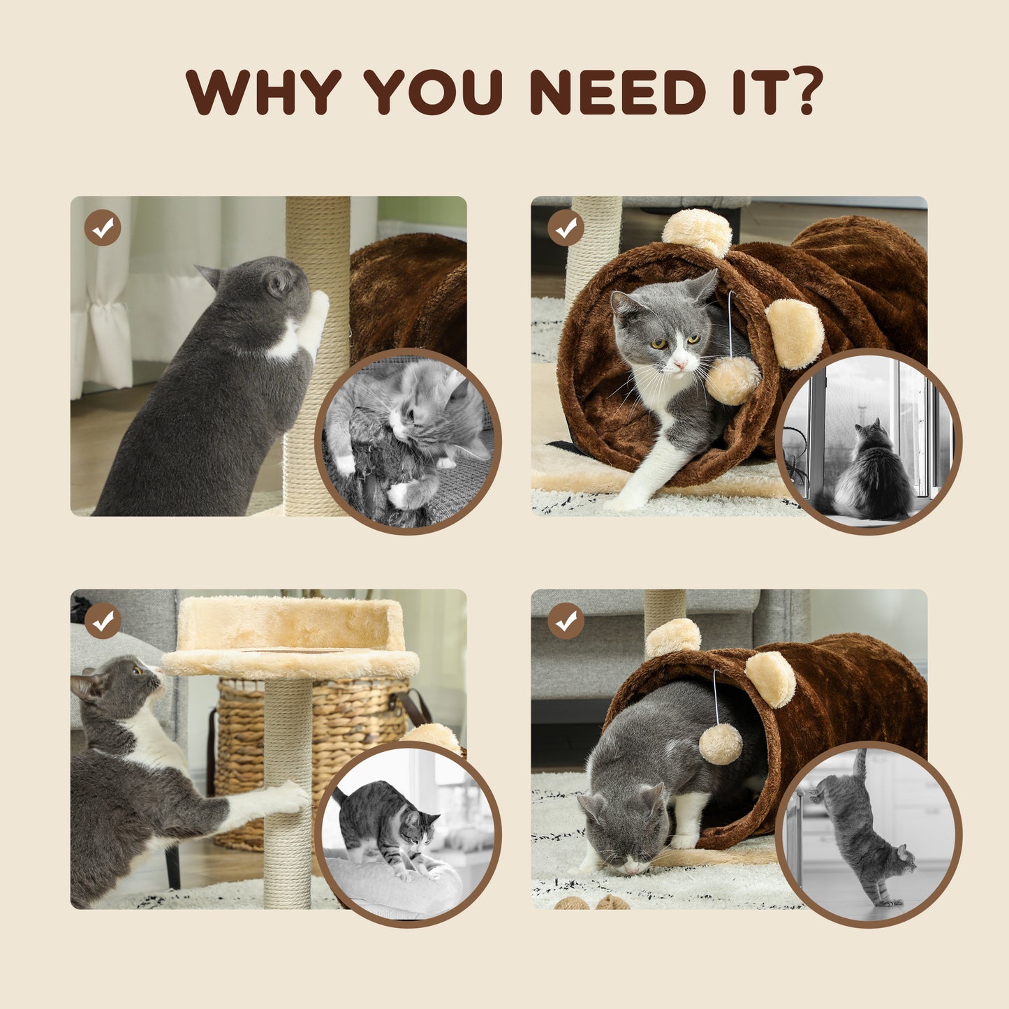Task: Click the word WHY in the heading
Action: click(x=263, y=91)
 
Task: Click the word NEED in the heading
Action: click(x=618, y=91)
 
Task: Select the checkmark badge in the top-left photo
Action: click(x=103, y=228)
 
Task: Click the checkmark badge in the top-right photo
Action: click(x=566, y=228)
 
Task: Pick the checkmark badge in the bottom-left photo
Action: click(x=103, y=621)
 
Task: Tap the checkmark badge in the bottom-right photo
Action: click(x=566, y=621)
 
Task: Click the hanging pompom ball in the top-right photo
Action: click(x=732, y=381)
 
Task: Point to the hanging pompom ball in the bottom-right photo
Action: click(x=721, y=743)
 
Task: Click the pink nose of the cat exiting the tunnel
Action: click(x=677, y=364)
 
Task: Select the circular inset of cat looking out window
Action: click(x=869, y=441)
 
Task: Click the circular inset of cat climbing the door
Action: click(x=869, y=834)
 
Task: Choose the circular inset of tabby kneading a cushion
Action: click(x=408, y=834)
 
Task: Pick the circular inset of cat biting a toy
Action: click(x=408, y=441)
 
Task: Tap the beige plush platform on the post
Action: click(x=290, y=635)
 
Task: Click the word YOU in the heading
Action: click(x=433, y=91)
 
